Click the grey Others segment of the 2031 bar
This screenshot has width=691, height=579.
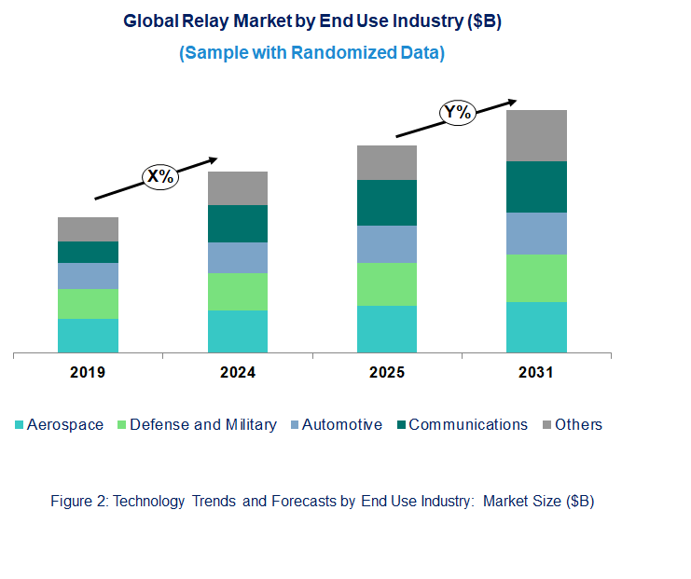(x=536, y=135)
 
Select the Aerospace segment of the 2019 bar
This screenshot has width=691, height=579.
(x=88, y=335)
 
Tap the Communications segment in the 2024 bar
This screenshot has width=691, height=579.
(x=238, y=224)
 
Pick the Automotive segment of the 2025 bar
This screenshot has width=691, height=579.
(x=387, y=244)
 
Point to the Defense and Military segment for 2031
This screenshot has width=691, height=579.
(x=536, y=278)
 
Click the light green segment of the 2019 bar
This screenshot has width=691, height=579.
(x=88, y=303)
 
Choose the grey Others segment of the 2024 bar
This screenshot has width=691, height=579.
(x=238, y=188)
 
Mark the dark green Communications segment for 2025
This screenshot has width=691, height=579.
(x=387, y=202)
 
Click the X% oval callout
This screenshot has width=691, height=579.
(x=159, y=176)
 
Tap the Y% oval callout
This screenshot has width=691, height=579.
(x=459, y=113)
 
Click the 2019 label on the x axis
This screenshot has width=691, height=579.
(x=88, y=372)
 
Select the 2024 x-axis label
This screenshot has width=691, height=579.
(x=238, y=372)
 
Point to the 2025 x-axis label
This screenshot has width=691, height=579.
(x=387, y=372)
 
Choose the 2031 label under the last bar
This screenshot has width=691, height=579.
(x=536, y=372)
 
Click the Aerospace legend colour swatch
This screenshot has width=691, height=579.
(x=19, y=425)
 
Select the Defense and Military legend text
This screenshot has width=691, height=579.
(x=202, y=424)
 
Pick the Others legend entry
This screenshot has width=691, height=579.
(x=578, y=424)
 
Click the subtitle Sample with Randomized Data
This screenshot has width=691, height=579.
(x=311, y=53)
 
